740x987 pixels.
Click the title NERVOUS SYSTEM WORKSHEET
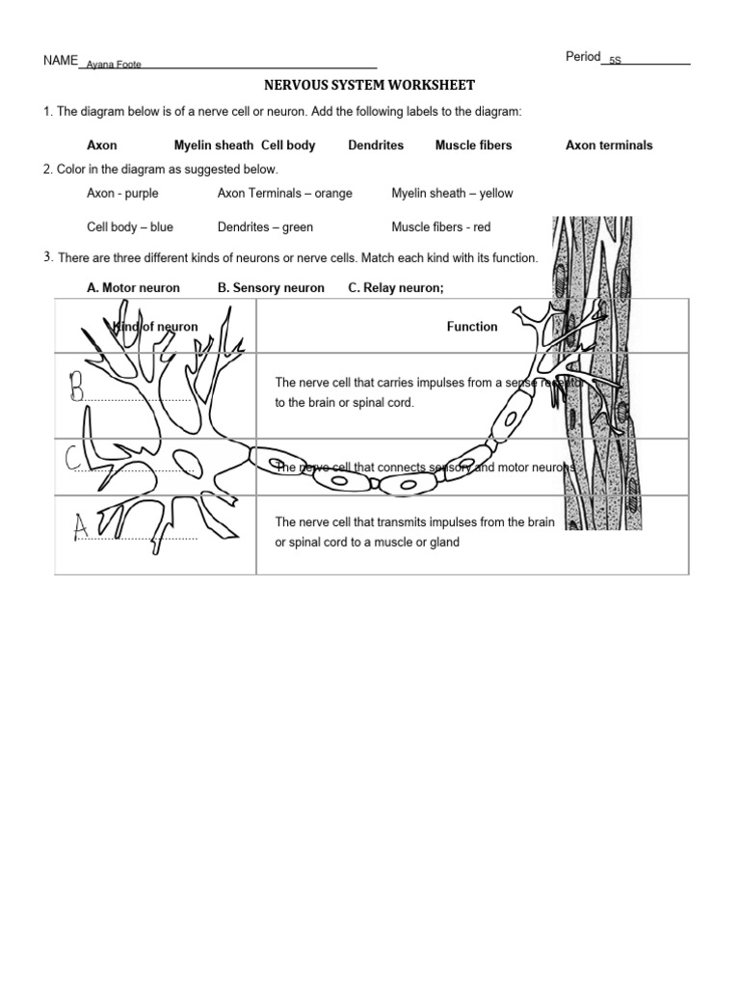click(370, 86)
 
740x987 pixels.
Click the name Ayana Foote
click(114, 65)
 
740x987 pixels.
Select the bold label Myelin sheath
click(213, 146)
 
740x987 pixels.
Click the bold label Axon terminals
click(609, 146)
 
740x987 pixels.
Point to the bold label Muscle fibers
click(473, 146)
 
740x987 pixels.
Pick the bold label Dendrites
click(376, 146)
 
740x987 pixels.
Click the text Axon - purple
click(122, 193)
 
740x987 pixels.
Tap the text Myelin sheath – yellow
click(452, 193)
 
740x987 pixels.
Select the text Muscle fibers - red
click(440, 227)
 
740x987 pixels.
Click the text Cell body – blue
click(130, 227)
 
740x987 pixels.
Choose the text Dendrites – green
click(265, 227)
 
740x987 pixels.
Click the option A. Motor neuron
click(133, 288)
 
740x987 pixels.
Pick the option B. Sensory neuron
click(271, 288)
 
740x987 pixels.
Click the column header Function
click(472, 327)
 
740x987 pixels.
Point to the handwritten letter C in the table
click(73, 460)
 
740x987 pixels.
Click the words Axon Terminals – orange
click(285, 193)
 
